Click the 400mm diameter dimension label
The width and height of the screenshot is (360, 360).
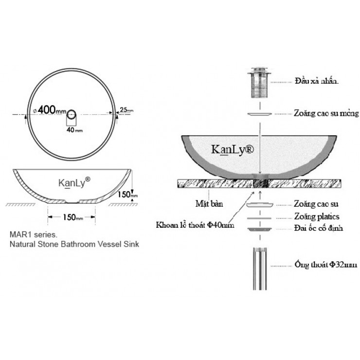pos(50,110)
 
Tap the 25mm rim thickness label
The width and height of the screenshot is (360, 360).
pos(126,110)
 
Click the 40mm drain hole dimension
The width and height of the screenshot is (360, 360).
pos(74,130)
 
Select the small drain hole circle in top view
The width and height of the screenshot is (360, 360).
pos(71,114)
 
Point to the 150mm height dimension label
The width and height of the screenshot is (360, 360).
pos(128,195)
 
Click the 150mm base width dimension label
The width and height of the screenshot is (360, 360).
pos(73,217)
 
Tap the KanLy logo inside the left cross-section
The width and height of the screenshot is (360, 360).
pos(74,182)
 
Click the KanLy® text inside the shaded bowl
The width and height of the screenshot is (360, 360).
pos(233,150)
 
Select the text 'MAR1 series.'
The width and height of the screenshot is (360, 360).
pos(34,234)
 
